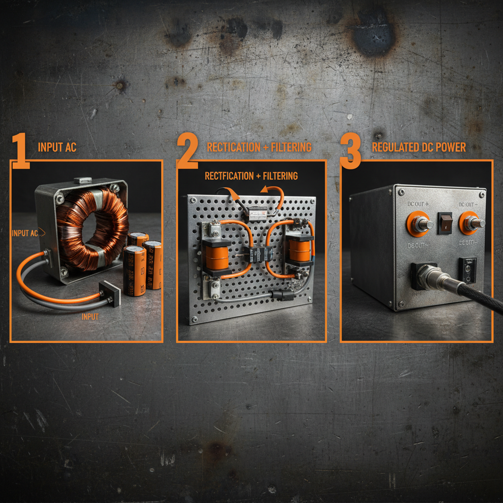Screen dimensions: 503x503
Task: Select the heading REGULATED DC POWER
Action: [419, 147]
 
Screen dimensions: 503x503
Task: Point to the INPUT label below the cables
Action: [90, 317]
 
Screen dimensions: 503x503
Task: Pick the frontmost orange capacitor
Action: [134, 271]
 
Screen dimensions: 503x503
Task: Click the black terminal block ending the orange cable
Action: [110, 293]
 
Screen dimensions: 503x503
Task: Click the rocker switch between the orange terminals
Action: [445, 222]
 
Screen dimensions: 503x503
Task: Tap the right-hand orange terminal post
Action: [472, 223]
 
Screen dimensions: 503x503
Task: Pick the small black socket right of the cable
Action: [467, 270]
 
